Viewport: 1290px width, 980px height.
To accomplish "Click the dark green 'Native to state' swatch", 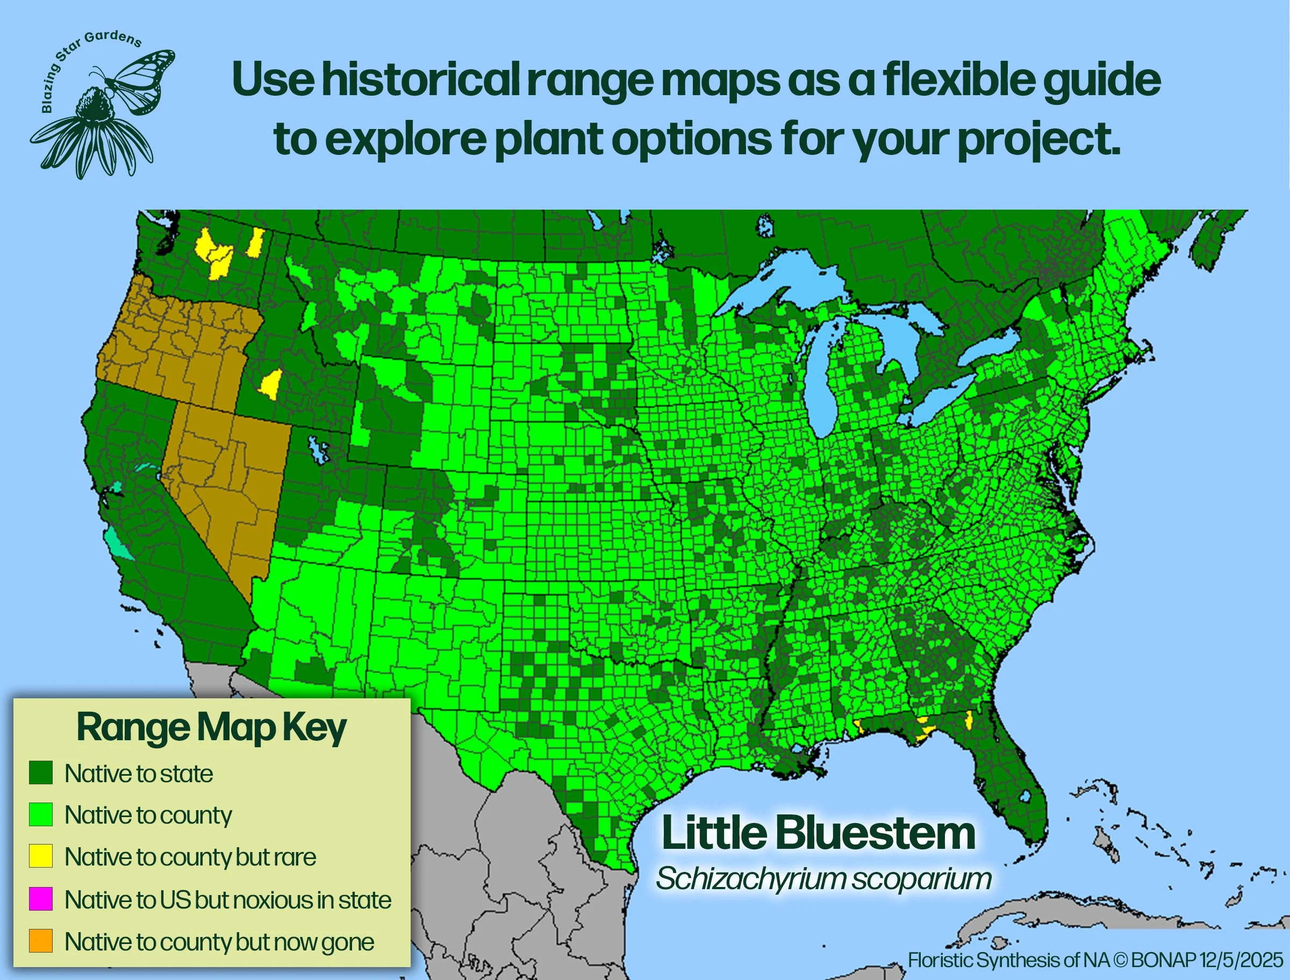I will tap(41, 772).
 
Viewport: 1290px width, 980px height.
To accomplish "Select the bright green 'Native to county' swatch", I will tap(41, 814).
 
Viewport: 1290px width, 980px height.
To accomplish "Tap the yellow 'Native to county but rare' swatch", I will tap(41, 856).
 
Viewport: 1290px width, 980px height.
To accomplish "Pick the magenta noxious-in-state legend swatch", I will tap(41, 899).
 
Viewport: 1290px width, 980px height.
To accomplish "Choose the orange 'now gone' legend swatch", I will tap(41, 941).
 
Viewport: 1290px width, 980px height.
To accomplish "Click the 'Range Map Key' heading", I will tap(211, 728).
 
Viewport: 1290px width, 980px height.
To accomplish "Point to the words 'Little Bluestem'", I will tap(818, 834).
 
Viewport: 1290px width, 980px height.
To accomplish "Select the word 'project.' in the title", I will tap(1038, 140).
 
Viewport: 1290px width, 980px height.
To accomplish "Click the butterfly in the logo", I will tap(140, 78).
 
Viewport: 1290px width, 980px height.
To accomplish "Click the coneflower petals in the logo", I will tap(94, 146).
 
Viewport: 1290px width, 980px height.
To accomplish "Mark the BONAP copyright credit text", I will tap(1095, 960).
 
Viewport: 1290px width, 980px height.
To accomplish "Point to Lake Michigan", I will tap(819, 373).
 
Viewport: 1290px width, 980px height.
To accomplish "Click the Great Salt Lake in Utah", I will tap(318, 449).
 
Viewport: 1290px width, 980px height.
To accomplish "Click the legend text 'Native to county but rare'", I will tap(190, 857).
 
